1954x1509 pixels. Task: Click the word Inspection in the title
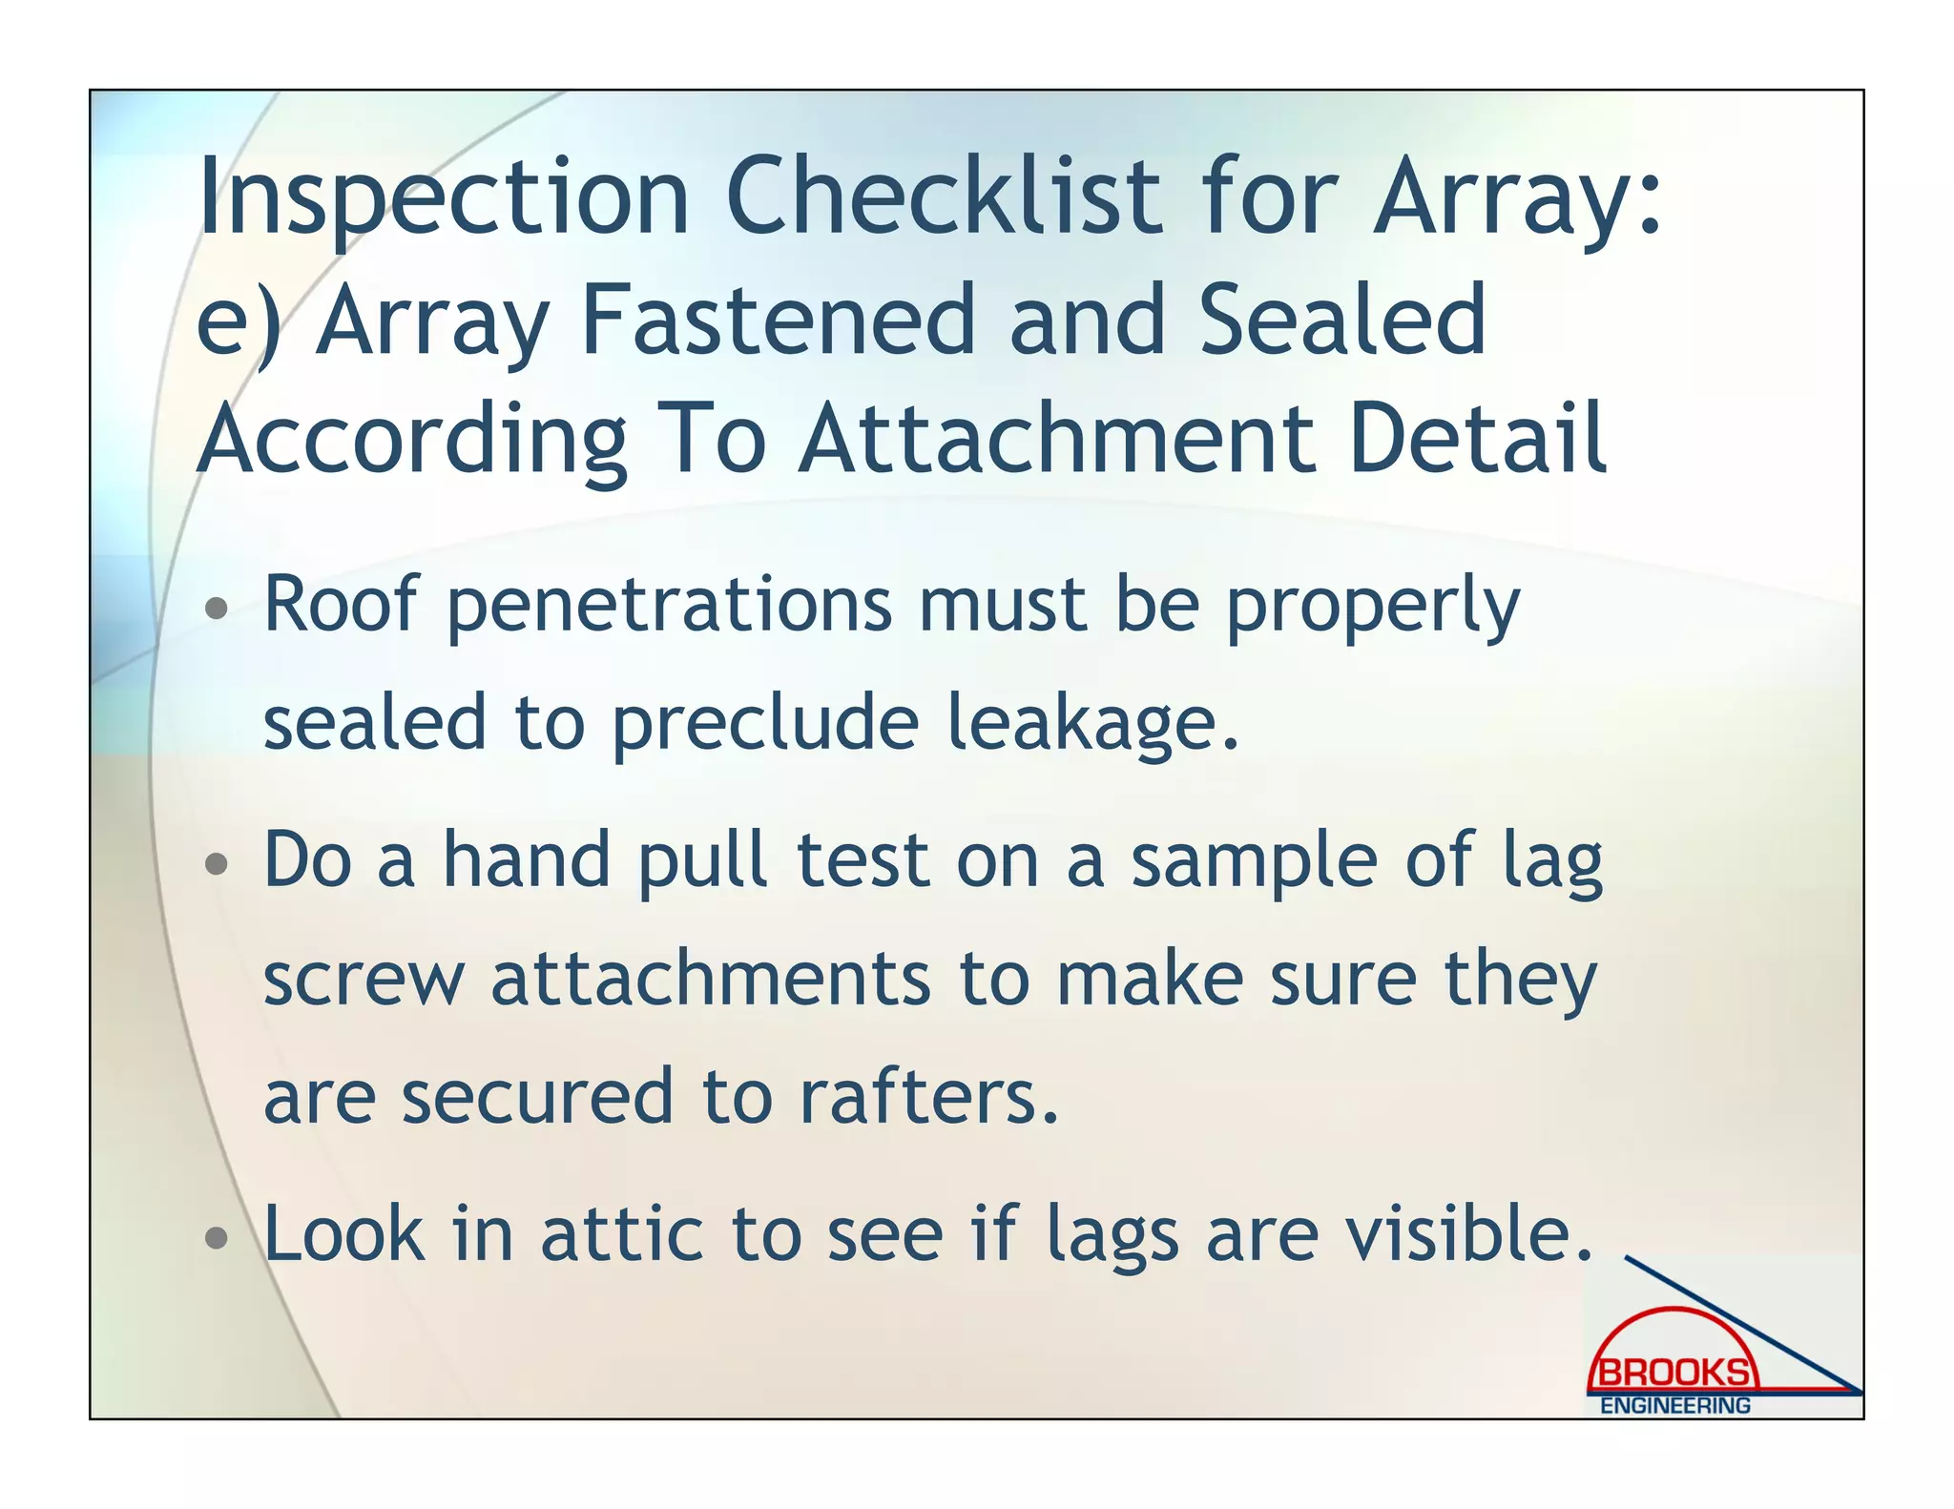pyautogui.click(x=443, y=197)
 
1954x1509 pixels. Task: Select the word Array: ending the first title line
pyautogui.click(x=1517, y=197)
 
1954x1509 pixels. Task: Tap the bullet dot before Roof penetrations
pyautogui.click(x=218, y=608)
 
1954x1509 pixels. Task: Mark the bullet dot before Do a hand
pyautogui.click(x=218, y=863)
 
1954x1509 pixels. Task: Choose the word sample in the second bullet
pyautogui.click(x=1254, y=860)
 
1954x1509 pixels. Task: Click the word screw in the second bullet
pyautogui.click(x=364, y=980)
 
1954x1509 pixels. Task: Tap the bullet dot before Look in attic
pyautogui.click(x=218, y=1238)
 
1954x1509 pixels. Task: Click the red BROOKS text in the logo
pyautogui.click(x=1674, y=1373)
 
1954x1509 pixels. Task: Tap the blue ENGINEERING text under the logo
pyautogui.click(x=1674, y=1405)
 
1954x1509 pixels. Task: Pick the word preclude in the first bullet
pyautogui.click(x=764, y=722)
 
